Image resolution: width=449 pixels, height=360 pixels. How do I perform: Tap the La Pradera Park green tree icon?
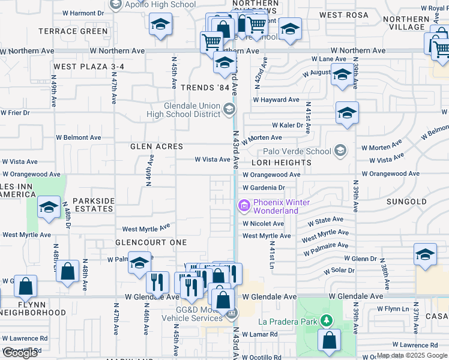tap(326, 321)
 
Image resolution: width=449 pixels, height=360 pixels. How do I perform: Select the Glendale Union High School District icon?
tap(229, 109)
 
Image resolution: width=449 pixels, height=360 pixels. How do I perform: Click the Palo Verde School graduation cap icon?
tap(341, 150)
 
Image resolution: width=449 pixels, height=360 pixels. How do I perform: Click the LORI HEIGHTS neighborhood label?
tap(282, 163)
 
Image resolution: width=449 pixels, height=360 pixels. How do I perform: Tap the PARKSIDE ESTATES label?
tap(93, 205)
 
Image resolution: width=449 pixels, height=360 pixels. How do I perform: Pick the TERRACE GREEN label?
tap(73, 31)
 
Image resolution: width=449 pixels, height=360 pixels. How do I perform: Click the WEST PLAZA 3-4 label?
tap(88, 67)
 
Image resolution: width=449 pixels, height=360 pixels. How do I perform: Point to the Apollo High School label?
tap(160, 5)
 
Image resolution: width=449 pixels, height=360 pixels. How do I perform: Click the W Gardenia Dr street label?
tap(268, 188)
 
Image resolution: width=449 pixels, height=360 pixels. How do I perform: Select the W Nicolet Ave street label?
tap(264, 224)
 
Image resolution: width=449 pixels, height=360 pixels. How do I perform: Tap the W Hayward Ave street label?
tap(276, 100)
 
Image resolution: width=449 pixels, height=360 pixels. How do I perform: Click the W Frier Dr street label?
tap(15, 112)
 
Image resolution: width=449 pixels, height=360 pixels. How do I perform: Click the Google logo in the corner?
tap(20, 353)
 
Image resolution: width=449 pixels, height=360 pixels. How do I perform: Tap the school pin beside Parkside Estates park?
tap(49, 208)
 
